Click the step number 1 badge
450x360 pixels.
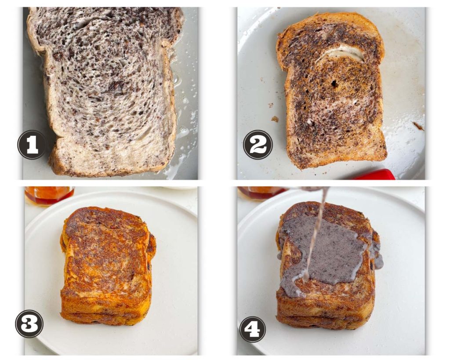(x=32, y=145)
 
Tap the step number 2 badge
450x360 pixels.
(x=258, y=145)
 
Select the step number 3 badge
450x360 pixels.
(x=29, y=324)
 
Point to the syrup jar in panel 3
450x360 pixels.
(x=49, y=195)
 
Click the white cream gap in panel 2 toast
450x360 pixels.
(x=347, y=54)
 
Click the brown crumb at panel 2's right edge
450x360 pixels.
(x=418, y=126)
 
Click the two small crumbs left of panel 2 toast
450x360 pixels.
(x=273, y=113)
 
